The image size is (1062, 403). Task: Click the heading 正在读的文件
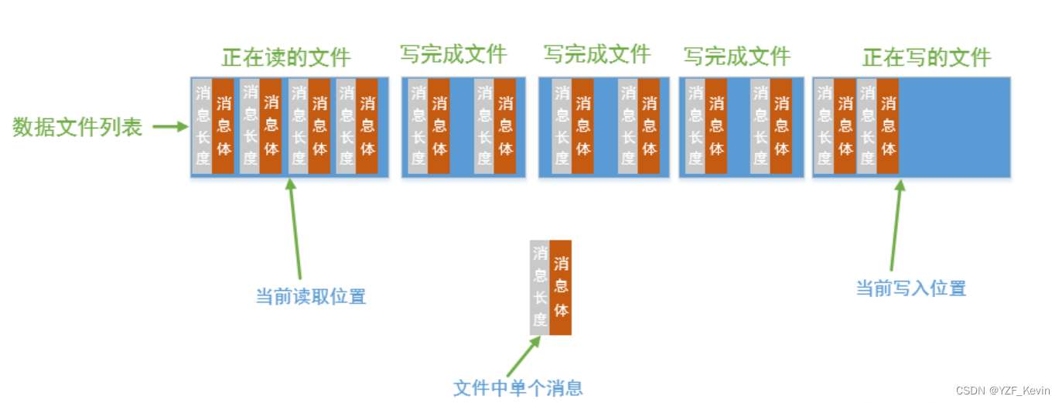tap(286, 57)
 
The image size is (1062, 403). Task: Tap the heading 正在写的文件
tap(927, 57)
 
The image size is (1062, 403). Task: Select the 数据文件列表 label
tap(77, 128)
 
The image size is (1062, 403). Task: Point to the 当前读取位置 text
tap(310, 296)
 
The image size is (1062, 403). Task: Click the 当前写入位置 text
tap(910, 289)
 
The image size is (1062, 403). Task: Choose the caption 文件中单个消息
tap(517, 388)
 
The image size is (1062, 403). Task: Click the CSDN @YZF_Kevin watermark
tap(1003, 391)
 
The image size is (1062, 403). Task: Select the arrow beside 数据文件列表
tap(169, 127)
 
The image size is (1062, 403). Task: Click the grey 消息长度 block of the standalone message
tap(540, 287)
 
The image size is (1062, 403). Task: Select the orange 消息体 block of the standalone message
tap(561, 287)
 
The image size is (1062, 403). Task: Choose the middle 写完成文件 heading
tap(596, 54)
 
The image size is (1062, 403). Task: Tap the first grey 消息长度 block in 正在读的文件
tap(203, 125)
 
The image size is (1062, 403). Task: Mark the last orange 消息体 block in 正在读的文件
tap(367, 125)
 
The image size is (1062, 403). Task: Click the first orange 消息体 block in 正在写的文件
tap(845, 125)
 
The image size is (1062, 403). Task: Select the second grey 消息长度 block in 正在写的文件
tap(866, 125)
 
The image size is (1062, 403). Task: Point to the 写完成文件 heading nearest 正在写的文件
tap(736, 56)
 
